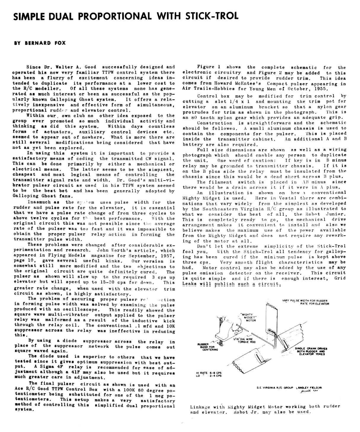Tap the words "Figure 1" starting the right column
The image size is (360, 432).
207,67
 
